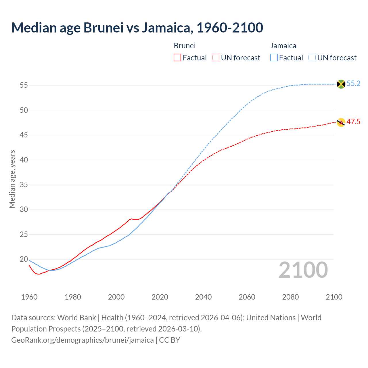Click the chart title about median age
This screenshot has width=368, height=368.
pos(137,28)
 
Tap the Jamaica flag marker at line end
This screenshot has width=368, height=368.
pos(341,84)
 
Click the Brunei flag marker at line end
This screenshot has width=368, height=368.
pos(341,122)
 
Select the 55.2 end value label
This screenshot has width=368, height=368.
pos(353,84)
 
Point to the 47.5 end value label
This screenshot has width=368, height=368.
pos(353,122)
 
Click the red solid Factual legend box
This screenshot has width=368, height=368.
pos(177,58)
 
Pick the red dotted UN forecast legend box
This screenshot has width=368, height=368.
pos(216,58)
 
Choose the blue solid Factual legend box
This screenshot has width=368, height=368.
pos(274,58)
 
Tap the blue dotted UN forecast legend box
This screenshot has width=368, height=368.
pos(312,58)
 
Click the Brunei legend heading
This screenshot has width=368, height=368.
pos(185,46)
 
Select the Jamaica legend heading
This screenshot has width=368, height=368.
pos(283,46)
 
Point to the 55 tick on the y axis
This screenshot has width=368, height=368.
pos(24,85)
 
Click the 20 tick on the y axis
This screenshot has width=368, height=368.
pos(24,259)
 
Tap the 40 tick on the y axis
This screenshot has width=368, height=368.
pos(24,160)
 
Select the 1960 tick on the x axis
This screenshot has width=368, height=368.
pos(29,297)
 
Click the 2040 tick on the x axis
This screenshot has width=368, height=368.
pos(203,297)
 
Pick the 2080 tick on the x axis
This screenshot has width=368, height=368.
pos(290,297)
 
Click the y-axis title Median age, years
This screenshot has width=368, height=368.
pos(12,179)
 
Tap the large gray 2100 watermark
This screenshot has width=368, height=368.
pos(303,270)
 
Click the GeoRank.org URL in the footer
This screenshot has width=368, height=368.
pos(83,340)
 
